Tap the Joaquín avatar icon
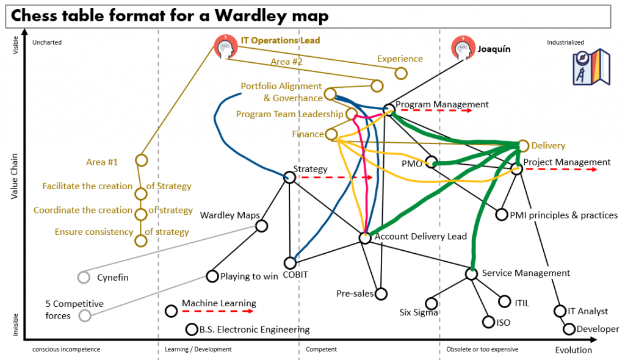click(x=461, y=48)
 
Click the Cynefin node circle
click(x=84, y=278)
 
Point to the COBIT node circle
click(x=290, y=263)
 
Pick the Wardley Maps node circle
click(x=262, y=226)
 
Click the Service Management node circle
click(x=471, y=273)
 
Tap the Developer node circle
click(x=569, y=329)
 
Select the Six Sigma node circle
click(x=432, y=303)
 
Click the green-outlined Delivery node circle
click(x=523, y=146)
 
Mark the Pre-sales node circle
click(x=381, y=293)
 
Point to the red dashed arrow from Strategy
click(x=336, y=178)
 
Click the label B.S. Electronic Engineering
click(x=255, y=329)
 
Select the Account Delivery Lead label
click(x=421, y=236)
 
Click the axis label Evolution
click(x=573, y=350)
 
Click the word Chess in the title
click(x=35, y=16)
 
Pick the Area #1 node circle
click(x=141, y=160)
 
